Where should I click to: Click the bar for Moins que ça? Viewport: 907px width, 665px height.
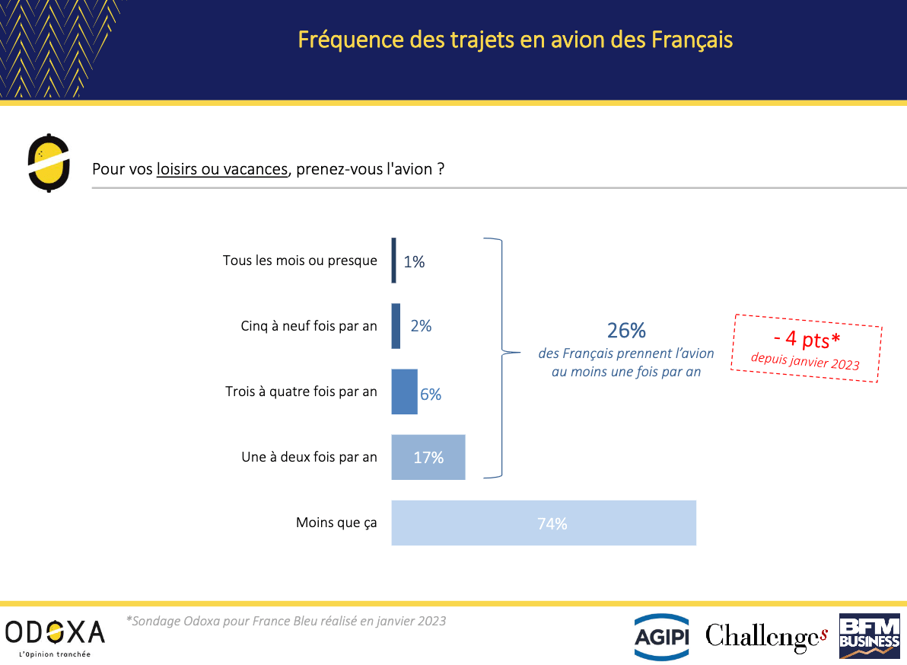click(x=544, y=523)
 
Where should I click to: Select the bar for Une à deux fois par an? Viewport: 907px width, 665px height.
click(x=428, y=457)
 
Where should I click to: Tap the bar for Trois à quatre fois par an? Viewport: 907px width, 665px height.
click(x=404, y=392)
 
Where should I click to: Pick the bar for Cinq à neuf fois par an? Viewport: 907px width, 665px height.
click(x=396, y=326)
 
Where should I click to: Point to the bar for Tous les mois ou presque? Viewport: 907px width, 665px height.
click(x=394, y=261)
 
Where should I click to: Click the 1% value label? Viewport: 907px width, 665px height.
click(x=414, y=262)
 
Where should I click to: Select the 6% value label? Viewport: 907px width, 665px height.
click(x=431, y=395)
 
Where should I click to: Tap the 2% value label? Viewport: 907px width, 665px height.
click(x=421, y=326)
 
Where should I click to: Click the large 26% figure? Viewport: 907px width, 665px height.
click(x=626, y=331)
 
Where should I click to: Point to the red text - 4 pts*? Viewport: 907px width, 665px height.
click(x=807, y=339)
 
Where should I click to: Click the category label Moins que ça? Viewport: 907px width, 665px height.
click(x=336, y=523)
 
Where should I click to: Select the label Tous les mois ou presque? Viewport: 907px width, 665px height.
click(x=300, y=261)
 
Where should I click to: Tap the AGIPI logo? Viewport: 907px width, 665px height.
click(x=662, y=637)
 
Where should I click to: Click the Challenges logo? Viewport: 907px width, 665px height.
click(x=766, y=637)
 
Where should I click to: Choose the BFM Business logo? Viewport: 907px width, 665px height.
click(x=870, y=637)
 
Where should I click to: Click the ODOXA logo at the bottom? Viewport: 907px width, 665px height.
click(x=55, y=637)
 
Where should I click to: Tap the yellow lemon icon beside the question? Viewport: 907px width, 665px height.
click(x=49, y=163)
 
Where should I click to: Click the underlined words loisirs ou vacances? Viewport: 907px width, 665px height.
click(x=222, y=169)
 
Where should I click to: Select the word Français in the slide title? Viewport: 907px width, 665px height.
click(x=692, y=40)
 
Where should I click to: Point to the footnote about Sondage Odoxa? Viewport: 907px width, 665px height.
click(x=286, y=621)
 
